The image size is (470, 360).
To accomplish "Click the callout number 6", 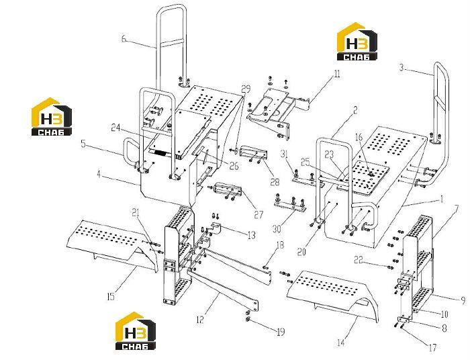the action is tap(124, 39).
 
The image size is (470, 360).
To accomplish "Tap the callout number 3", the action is tap(402, 68).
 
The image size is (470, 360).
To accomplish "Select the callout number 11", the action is tap(337, 74).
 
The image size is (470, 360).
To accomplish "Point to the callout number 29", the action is tap(246, 89).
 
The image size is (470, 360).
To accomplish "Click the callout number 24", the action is tap(115, 128).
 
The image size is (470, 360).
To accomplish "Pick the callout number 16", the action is tap(359, 137).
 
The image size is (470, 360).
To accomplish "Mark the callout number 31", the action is tap(284, 154).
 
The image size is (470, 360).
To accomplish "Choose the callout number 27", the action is tap(258, 215).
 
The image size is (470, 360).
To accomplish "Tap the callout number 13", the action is tap(252, 235).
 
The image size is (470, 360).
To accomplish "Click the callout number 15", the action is tap(111, 297).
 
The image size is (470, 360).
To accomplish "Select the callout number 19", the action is tap(281, 332).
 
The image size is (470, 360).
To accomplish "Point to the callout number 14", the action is tap(341, 343).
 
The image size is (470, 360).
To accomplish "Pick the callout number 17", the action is tap(432, 348).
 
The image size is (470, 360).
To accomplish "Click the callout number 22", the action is tap(359, 259).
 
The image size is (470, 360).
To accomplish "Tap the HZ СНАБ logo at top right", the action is tap(357, 42).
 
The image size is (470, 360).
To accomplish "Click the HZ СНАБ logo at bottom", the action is tap(136, 330).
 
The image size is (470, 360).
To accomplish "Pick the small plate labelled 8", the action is tap(403, 319).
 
